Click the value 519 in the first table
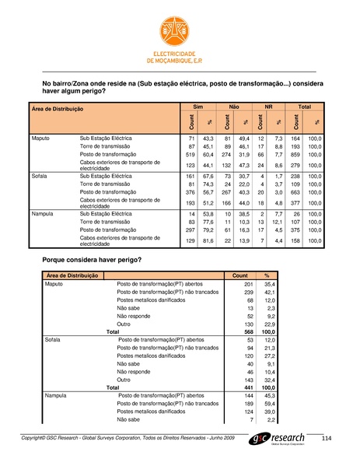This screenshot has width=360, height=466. tap(190, 155)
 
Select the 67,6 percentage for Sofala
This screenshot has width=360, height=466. tap(208, 177)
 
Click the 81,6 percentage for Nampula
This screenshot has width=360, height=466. tap(208, 241)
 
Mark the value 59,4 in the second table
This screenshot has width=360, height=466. tap(270, 405)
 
